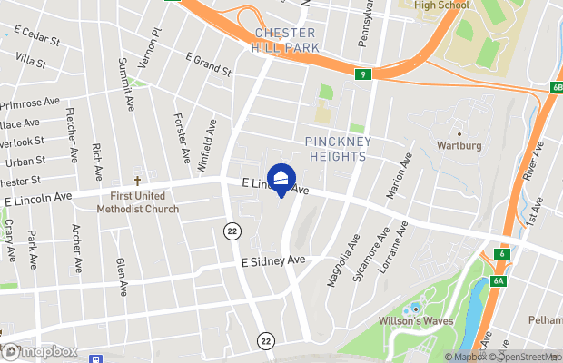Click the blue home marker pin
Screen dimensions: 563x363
click(x=281, y=178)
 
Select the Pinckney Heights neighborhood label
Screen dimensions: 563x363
click(x=335, y=149)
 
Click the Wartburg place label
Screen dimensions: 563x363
click(x=459, y=145)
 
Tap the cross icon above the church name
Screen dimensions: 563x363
click(x=138, y=181)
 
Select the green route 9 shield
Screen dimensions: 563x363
click(x=362, y=75)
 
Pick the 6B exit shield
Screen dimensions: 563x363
click(x=555, y=87)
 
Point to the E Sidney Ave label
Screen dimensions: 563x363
click(x=272, y=260)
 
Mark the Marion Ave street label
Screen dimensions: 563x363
click(x=393, y=175)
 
